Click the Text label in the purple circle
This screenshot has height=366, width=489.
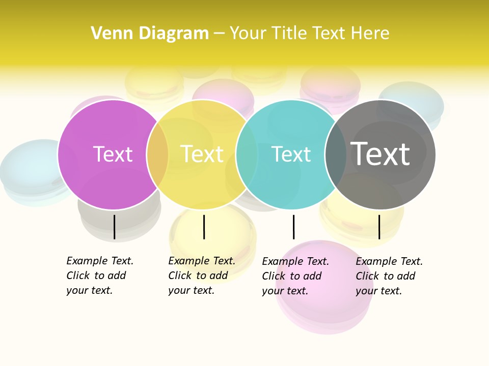point(113,154)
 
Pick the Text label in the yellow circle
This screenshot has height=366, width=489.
point(202,154)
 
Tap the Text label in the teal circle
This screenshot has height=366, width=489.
point(291,154)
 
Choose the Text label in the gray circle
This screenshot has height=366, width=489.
point(380,154)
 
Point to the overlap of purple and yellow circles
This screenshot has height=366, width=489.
point(157,155)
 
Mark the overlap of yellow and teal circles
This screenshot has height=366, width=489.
point(247,155)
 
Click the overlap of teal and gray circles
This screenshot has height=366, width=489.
point(336,155)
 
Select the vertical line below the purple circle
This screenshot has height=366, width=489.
point(115,227)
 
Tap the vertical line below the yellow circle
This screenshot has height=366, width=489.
point(204,227)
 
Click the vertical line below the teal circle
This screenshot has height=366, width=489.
point(293,227)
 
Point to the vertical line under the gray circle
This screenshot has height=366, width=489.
point(379,227)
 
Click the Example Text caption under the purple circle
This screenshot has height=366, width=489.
point(100,276)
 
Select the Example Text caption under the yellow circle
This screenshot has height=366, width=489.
point(202,276)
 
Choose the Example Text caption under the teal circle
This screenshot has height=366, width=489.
point(295,276)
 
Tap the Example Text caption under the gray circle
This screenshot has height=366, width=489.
point(389,276)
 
